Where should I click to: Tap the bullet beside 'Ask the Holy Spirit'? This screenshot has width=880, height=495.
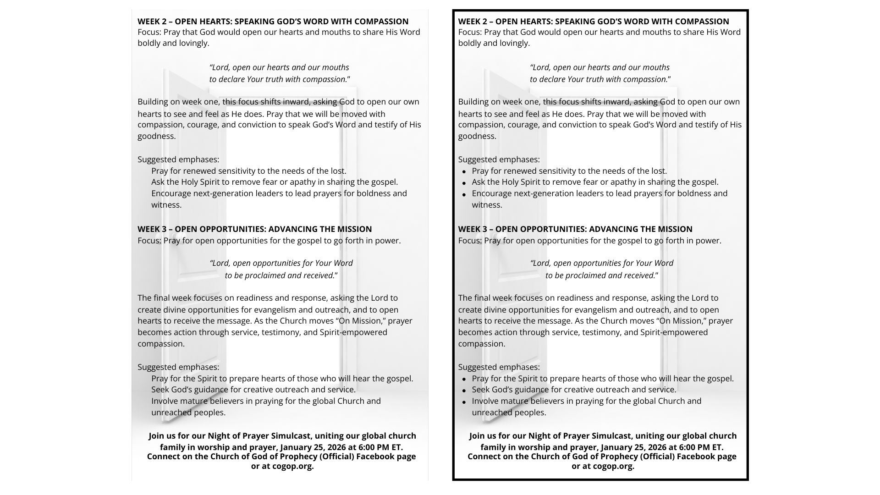(464, 183)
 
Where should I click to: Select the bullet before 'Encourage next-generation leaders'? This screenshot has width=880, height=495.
(464, 194)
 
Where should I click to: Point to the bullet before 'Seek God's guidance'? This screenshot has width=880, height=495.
(464, 390)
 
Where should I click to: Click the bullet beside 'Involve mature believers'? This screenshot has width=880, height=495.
(464, 402)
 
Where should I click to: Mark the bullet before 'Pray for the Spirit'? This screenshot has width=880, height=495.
(464, 379)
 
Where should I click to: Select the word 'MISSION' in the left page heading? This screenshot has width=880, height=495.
(354, 229)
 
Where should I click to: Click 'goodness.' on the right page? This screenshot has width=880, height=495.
(477, 136)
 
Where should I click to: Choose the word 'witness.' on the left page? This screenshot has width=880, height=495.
(166, 205)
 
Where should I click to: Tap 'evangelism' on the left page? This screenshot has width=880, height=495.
(274, 310)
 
